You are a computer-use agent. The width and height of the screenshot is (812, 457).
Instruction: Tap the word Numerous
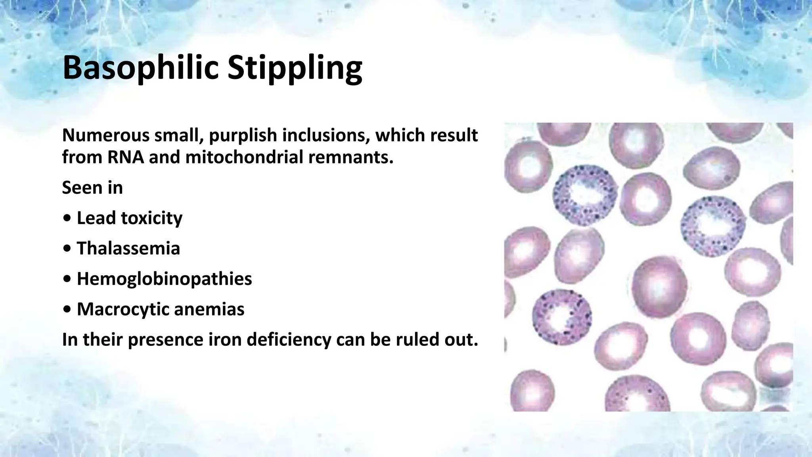(105, 136)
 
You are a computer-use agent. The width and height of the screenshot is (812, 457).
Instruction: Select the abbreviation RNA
(126, 157)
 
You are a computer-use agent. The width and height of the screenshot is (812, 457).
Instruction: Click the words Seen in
(92, 188)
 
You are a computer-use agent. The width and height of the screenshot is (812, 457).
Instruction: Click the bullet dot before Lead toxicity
(67, 219)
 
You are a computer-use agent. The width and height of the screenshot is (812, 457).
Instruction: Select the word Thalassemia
(128, 249)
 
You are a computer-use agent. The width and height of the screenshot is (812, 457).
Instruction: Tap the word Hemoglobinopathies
(164, 279)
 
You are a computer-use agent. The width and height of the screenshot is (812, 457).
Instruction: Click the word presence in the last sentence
(165, 340)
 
